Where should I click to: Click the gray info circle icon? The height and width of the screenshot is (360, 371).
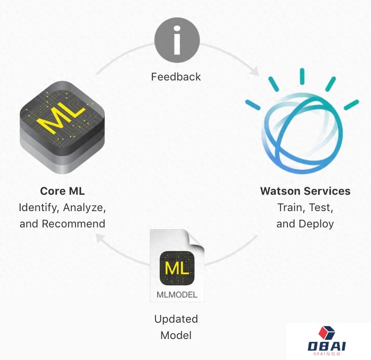(177, 40)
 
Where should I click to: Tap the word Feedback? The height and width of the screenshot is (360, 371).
(176, 77)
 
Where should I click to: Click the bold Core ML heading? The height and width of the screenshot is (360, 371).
(62, 191)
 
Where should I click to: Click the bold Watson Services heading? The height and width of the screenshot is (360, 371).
(305, 191)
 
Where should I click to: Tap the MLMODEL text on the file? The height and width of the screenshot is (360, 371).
(177, 294)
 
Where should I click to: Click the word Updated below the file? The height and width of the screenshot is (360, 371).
(176, 319)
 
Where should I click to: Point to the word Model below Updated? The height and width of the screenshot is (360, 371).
(176, 335)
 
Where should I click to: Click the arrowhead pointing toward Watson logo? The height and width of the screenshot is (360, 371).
(254, 71)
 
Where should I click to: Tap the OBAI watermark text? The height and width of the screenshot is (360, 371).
(327, 346)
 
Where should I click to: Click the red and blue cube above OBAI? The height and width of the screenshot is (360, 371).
(326, 333)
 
